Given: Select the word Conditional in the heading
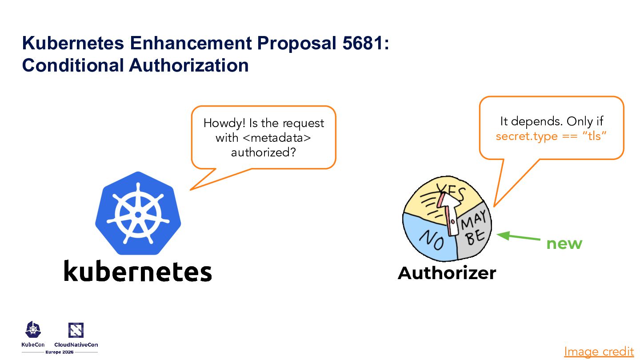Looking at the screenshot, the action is [73, 65].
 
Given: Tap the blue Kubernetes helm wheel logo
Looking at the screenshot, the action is [138, 213].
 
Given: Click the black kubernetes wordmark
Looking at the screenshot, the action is [138, 271].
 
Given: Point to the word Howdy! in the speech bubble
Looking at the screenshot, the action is [221, 123].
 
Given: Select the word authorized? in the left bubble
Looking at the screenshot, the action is [264, 152].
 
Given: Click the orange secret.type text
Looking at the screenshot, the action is [526, 136].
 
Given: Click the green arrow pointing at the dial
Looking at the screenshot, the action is [518, 237].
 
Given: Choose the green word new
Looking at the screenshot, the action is [564, 244].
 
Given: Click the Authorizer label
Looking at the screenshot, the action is [447, 273].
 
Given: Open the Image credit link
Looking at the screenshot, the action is [599, 352].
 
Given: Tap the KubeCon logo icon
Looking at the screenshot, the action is [33, 329].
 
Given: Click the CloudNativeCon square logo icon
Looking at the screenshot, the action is [76, 330].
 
